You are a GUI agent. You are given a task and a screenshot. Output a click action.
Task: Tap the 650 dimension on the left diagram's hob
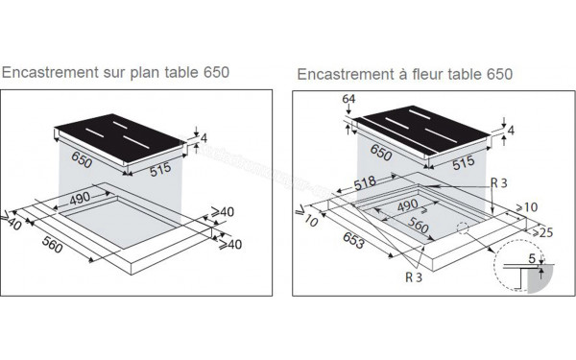click(x=82, y=160)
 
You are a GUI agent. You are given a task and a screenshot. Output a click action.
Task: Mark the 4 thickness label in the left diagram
click(x=203, y=139)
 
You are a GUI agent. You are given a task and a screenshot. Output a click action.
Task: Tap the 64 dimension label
click(x=348, y=99)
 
